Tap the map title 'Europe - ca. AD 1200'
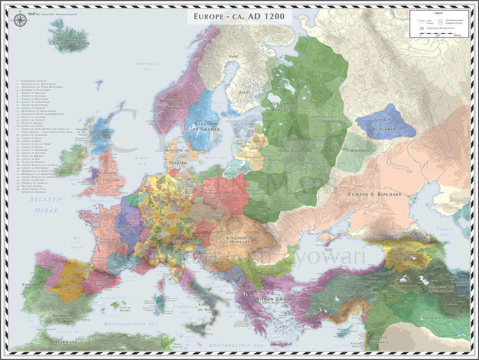239,17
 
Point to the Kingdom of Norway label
173,104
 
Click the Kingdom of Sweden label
202,127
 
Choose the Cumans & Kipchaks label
375,194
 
